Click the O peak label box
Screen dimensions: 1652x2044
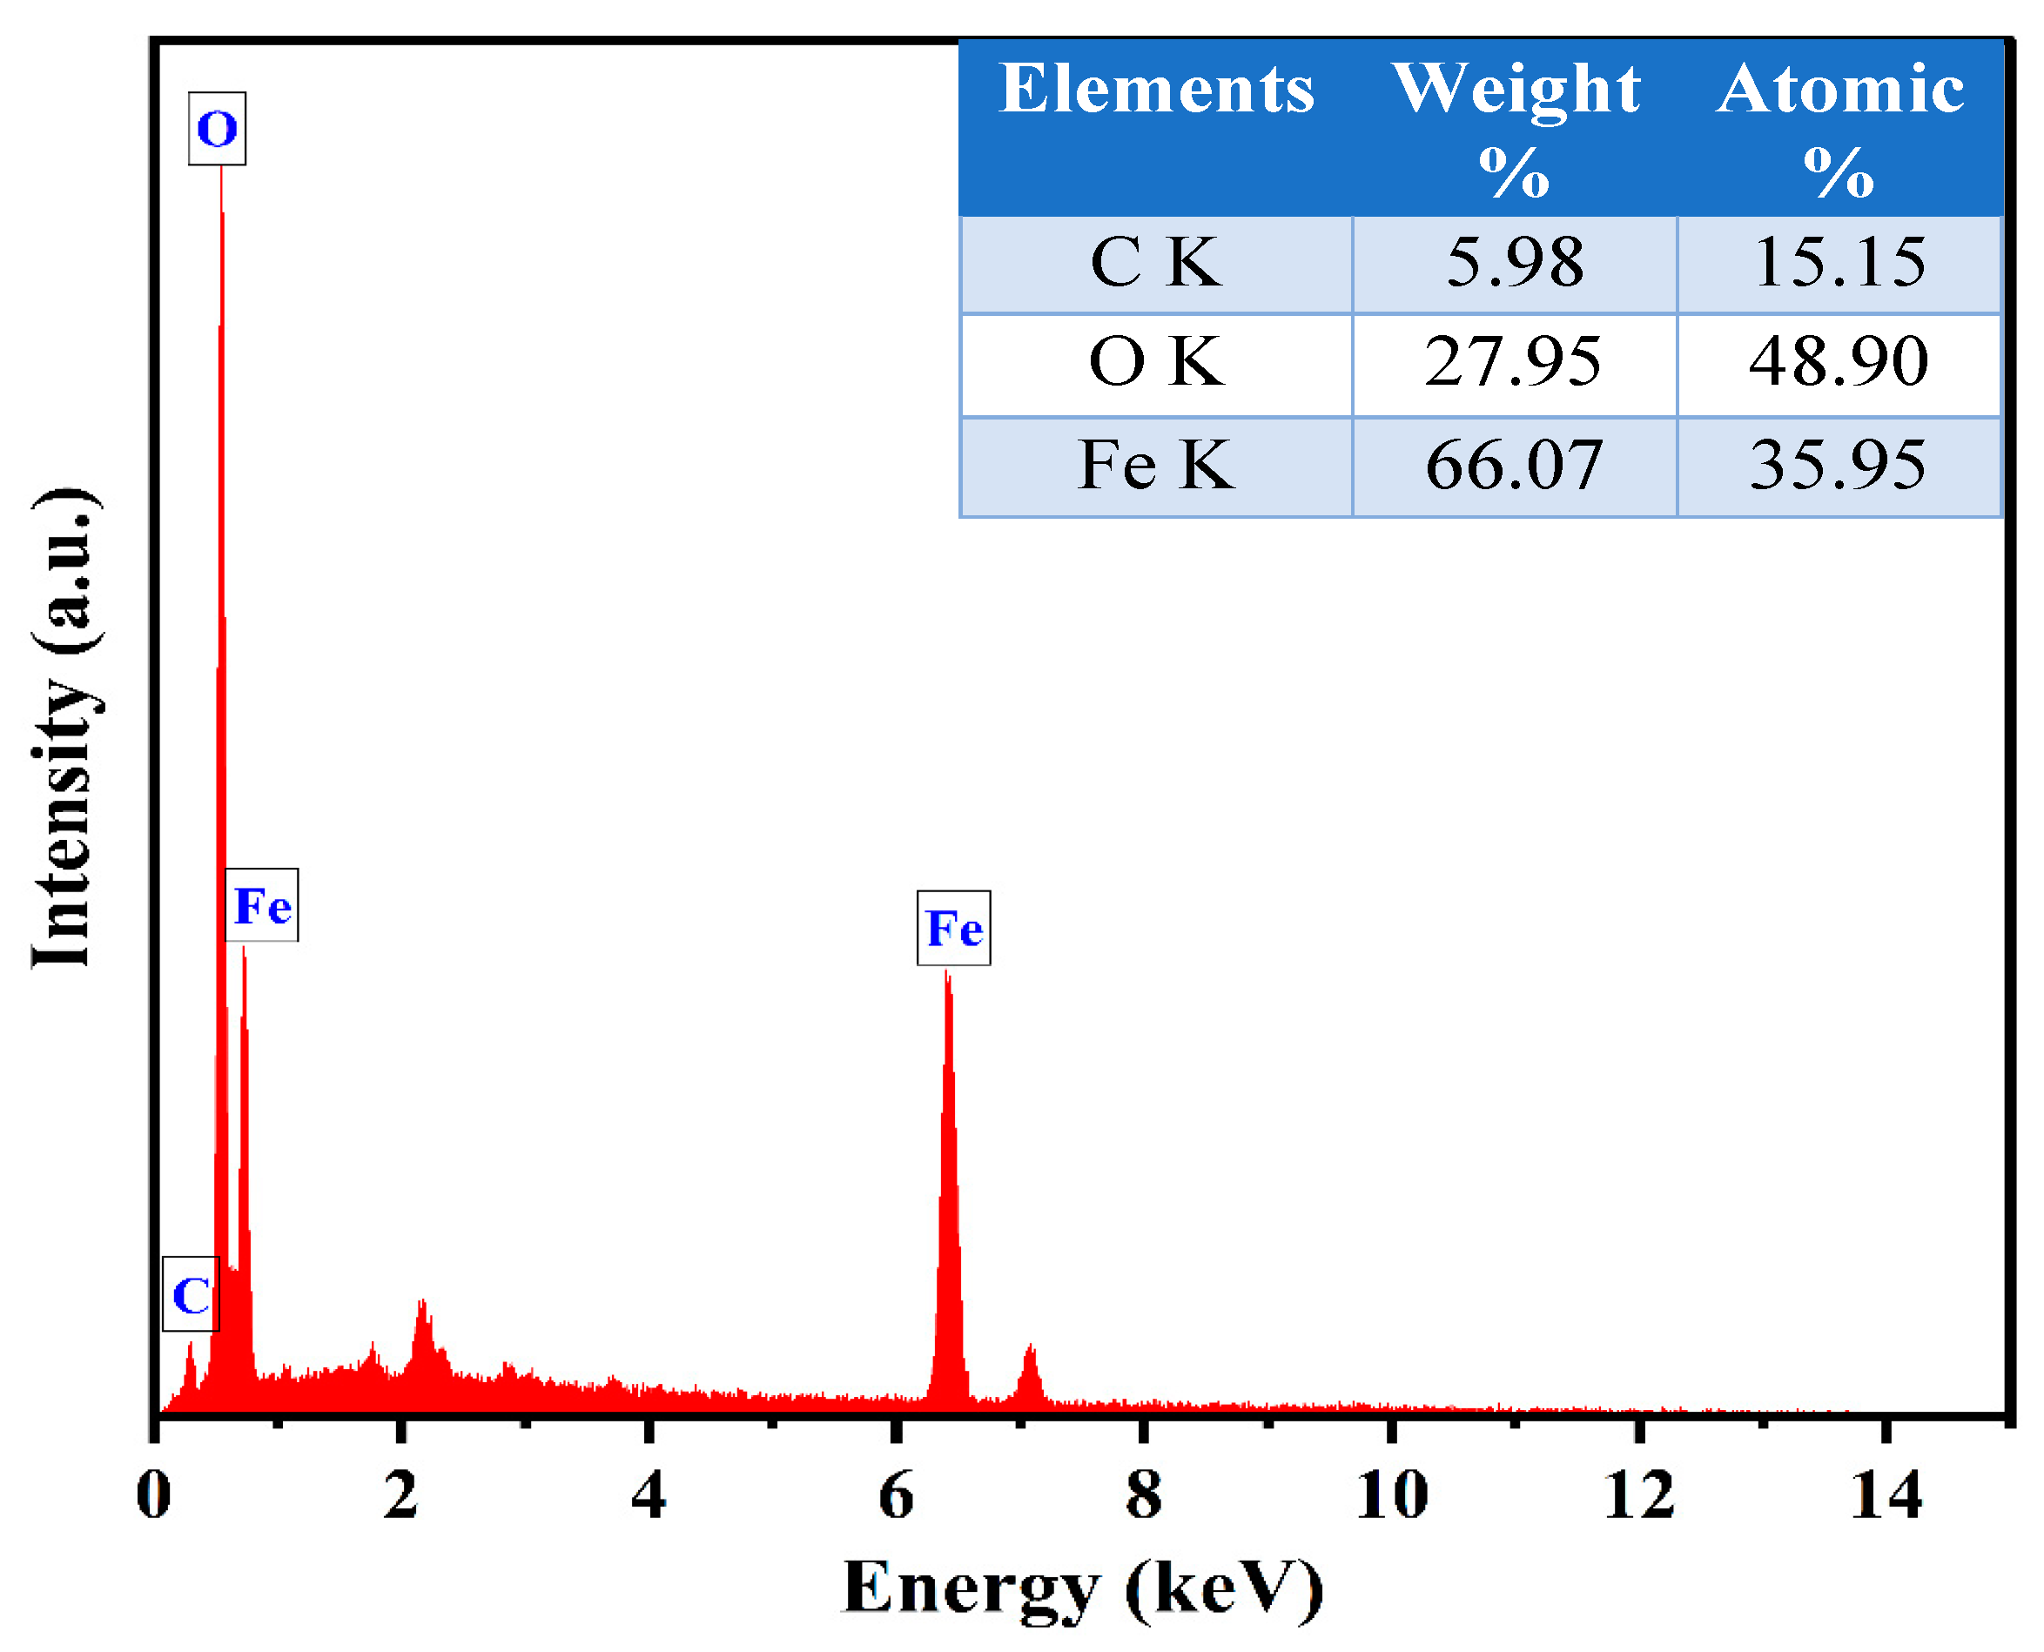click(217, 129)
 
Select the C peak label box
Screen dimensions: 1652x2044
click(192, 1295)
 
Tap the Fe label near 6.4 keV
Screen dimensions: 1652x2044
click(953, 928)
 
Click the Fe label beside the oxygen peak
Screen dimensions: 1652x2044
click(262, 905)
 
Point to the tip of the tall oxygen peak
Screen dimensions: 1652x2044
click(222, 171)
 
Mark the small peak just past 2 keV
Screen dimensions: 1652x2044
click(421, 1305)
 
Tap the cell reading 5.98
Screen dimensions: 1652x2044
click(1515, 263)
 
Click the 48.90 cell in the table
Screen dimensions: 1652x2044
click(1839, 363)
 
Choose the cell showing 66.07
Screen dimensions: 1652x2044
click(1515, 466)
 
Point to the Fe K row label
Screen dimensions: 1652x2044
click(1155, 466)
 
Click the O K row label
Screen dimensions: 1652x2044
click(1155, 363)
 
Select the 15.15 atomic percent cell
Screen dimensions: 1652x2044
click(1839, 263)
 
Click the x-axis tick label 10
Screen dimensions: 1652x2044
click(1391, 1496)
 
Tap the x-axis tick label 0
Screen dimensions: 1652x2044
click(153, 1496)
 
